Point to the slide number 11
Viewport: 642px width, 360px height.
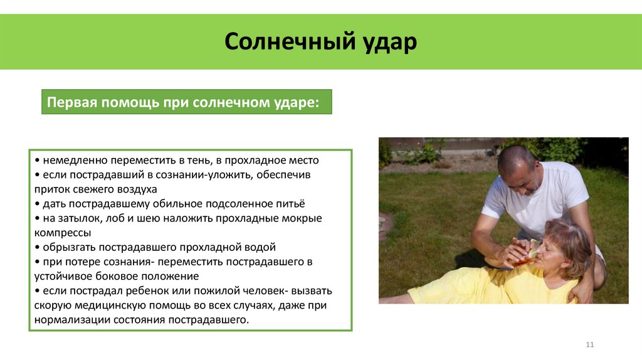click(589, 345)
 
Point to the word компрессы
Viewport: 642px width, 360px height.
click(63, 233)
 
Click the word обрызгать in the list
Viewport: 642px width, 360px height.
click(66, 247)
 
